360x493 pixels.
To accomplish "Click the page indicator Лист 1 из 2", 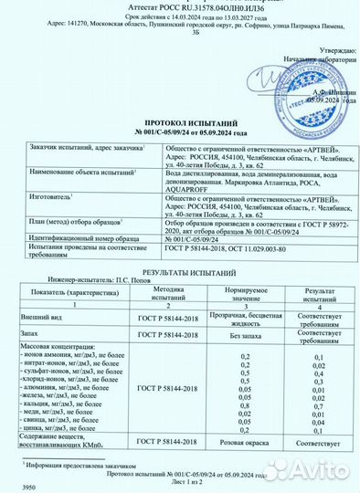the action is tap(183, 481).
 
